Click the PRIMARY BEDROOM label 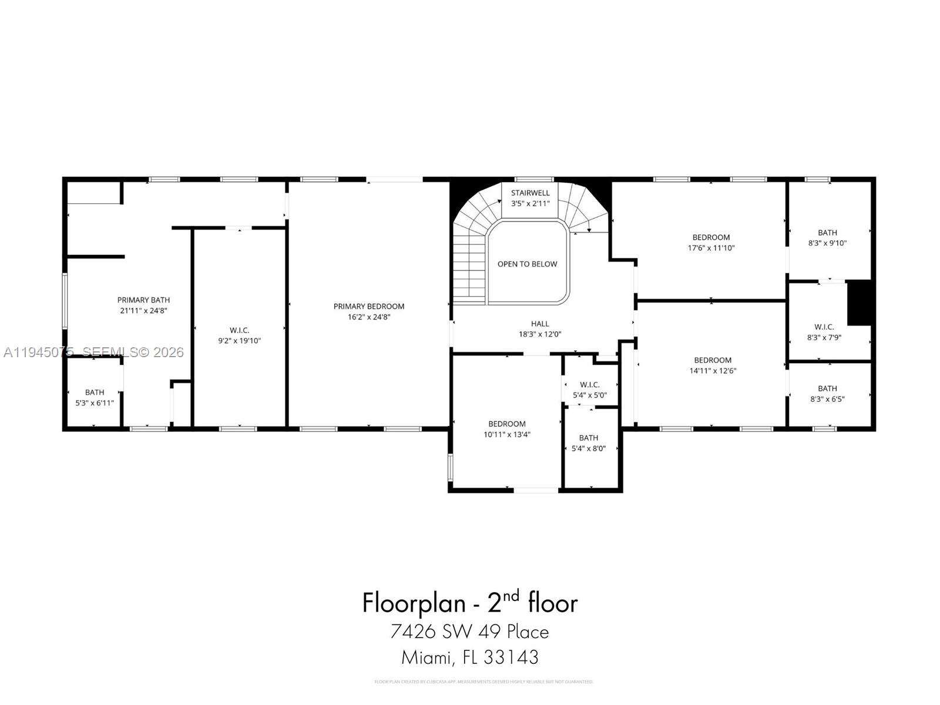point(368,306)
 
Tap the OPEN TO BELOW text point(527,264)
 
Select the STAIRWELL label point(530,193)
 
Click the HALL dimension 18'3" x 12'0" point(539,334)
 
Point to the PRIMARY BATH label point(143,300)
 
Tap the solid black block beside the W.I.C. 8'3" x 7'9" point(858,303)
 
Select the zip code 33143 point(511,657)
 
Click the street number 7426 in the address point(412,632)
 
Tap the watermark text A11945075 point(38,352)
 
